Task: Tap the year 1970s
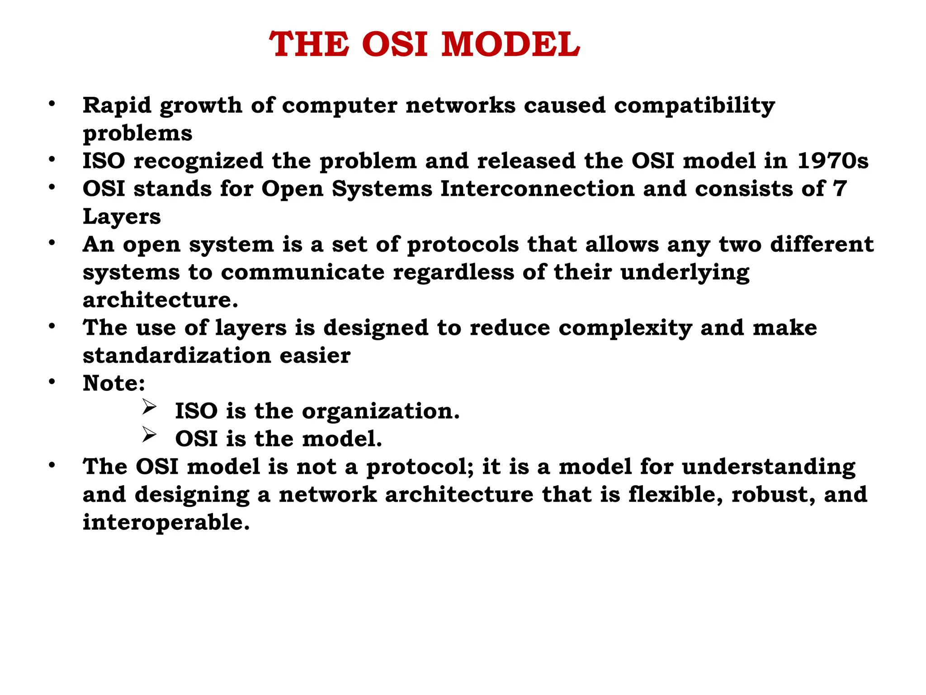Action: coord(832,161)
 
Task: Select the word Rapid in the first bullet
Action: coord(117,106)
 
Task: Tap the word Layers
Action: coord(122,217)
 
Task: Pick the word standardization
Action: coord(177,356)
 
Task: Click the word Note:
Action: coord(114,383)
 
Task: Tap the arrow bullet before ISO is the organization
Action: coord(149,407)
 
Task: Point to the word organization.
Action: coord(380,412)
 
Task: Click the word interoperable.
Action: coord(166,523)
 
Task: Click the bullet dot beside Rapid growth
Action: coord(52,105)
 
